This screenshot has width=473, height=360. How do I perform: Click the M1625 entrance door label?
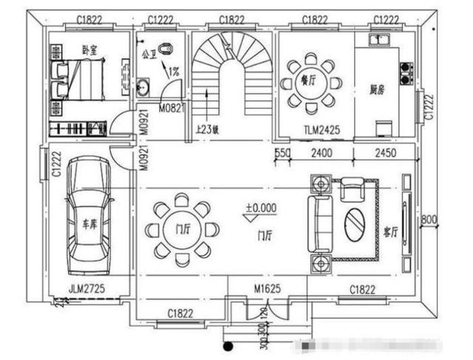[x=267, y=288]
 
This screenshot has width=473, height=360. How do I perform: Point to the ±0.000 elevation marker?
[x=260, y=208]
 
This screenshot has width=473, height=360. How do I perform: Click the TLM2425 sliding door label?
[x=321, y=129]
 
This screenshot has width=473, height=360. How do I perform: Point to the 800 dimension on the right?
[x=429, y=220]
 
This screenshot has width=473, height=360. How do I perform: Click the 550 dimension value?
[x=281, y=153]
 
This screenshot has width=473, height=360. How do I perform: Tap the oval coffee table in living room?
[x=355, y=222]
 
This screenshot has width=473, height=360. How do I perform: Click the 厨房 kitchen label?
[x=378, y=89]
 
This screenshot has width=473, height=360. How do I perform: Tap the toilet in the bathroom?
[x=168, y=50]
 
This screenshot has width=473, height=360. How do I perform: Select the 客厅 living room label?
[x=392, y=231]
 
